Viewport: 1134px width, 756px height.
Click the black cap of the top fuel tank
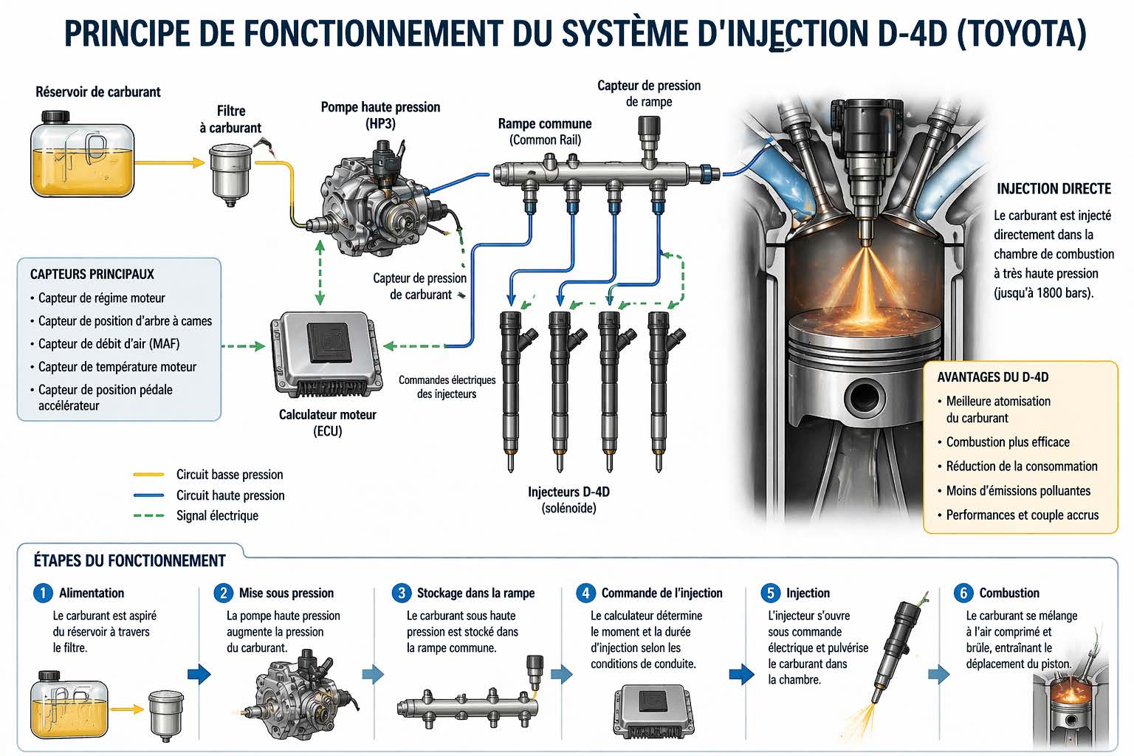pyautogui.click(x=55, y=117)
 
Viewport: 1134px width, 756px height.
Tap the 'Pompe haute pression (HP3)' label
pyautogui.click(x=380, y=114)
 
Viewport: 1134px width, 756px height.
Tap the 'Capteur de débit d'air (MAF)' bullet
pyautogui.click(x=109, y=343)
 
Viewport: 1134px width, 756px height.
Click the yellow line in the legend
pyautogui.click(x=148, y=475)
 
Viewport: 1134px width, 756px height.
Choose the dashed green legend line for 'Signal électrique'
pyautogui.click(x=148, y=515)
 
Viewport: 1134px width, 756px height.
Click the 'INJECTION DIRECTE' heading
pyautogui.click(x=1054, y=189)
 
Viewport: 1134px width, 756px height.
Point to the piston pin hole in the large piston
pyautogui.click(x=865, y=397)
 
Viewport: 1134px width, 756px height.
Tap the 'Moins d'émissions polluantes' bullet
pyautogui.click(x=1018, y=491)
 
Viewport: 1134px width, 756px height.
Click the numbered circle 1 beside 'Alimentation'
pyautogui.click(x=43, y=593)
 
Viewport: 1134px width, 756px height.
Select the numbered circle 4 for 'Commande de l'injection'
pyautogui.click(x=585, y=593)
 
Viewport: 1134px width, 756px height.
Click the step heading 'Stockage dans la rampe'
pyautogui.click(x=475, y=593)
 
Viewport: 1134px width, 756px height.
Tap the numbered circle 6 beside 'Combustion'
pyautogui.click(x=963, y=593)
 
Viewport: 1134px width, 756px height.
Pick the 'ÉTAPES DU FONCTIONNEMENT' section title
pyautogui.click(x=129, y=560)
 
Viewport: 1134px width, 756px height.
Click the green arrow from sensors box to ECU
pyautogui.click(x=244, y=346)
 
